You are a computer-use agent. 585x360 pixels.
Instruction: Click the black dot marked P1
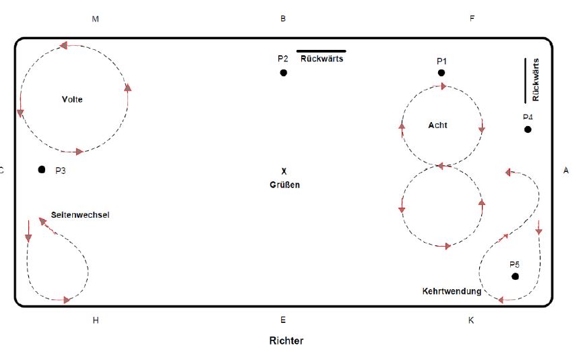pos(441,73)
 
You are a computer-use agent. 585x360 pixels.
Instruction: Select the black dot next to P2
pos(284,73)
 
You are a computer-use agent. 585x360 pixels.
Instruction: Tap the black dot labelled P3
pos(42,170)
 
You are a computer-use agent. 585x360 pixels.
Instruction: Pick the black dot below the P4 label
pos(528,129)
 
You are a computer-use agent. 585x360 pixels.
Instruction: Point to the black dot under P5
pos(516,276)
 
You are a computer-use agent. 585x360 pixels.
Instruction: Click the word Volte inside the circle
pos(72,99)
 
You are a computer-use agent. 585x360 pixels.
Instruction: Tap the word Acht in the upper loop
pos(437,125)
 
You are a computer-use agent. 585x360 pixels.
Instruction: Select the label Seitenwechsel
pos(80,215)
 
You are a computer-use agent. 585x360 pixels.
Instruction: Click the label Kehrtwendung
pos(452,292)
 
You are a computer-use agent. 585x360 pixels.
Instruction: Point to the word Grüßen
pos(284,185)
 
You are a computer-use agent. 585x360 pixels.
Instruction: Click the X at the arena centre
pos(284,171)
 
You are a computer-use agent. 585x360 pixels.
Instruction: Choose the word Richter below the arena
pos(286,341)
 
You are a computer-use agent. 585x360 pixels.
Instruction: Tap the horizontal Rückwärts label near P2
pos(322,59)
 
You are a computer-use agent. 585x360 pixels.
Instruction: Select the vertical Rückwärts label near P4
pos(536,80)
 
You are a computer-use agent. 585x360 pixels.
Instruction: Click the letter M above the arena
pos(95,19)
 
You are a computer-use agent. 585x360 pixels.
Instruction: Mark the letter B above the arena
pos(283,19)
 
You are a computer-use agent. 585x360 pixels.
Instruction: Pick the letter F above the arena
pos(472,19)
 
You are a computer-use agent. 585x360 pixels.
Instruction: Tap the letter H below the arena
pos(96,320)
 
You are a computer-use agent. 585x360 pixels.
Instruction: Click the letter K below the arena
pos(471,320)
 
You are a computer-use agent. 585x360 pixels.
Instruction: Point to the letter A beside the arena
pos(566,171)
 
